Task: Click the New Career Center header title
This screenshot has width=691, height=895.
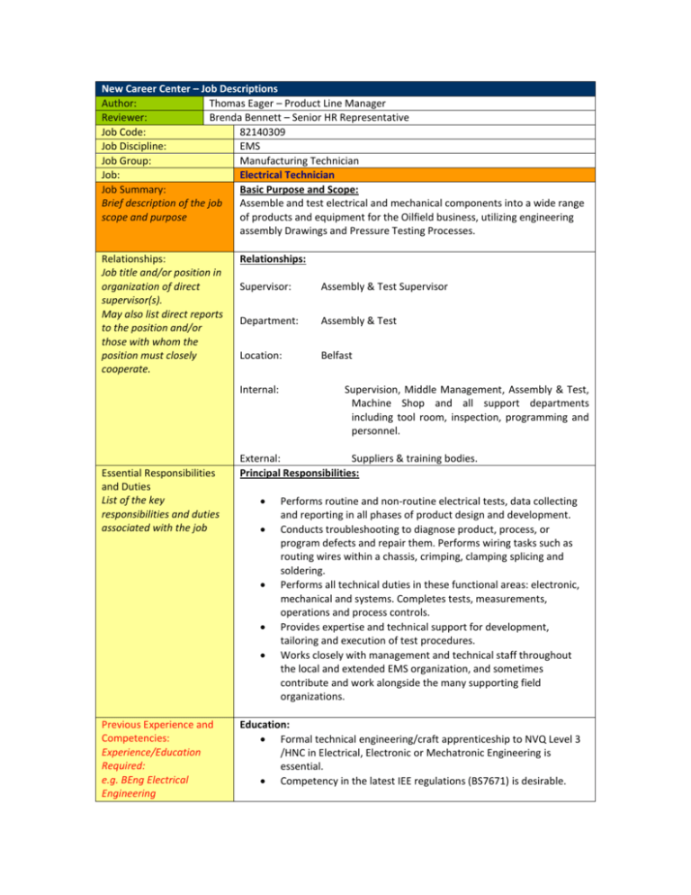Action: (x=189, y=88)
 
